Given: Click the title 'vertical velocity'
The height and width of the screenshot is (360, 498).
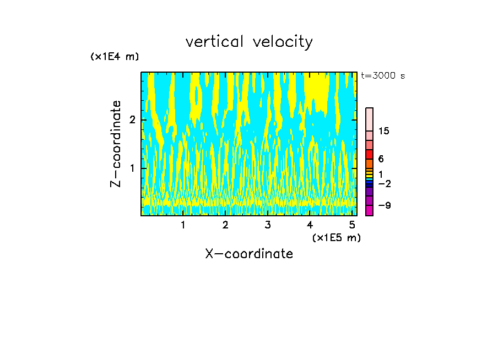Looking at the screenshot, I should (x=249, y=42).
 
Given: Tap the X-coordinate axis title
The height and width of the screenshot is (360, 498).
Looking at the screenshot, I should (x=249, y=254).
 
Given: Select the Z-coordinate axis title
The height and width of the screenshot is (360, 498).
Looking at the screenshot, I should (x=116, y=144).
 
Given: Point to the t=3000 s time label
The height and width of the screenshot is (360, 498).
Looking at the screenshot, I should (x=383, y=76).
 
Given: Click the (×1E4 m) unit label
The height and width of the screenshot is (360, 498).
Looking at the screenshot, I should (x=115, y=57).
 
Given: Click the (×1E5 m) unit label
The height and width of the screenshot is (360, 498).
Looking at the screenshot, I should (x=336, y=237).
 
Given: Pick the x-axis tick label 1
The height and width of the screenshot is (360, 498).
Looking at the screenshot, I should (x=183, y=225).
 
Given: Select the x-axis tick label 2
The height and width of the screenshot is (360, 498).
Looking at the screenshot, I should (x=225, y=225).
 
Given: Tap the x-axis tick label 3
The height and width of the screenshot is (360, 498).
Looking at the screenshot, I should (x=267, y=225).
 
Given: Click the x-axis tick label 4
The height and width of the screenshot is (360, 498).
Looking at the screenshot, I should (x=310, y=225).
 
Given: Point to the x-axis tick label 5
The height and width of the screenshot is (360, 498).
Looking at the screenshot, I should (x=352, y=225).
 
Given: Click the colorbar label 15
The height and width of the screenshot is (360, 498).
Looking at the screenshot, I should (x=384, y=132).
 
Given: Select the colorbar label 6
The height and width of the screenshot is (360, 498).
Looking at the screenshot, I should (x=381, y=159).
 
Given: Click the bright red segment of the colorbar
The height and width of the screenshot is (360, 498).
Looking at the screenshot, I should (x=370, y=154).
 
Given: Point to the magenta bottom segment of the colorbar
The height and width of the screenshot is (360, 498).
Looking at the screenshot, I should (x=370, y=210).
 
